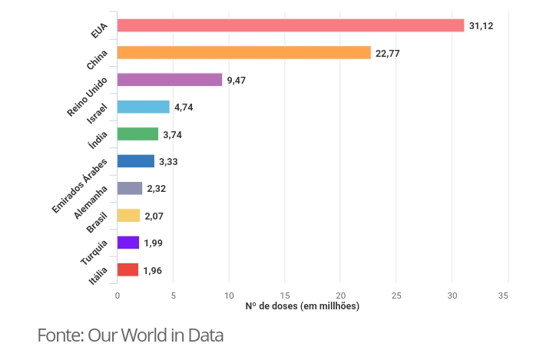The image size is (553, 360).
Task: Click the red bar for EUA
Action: click(290, 25)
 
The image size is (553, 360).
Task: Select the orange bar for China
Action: click(243, 53)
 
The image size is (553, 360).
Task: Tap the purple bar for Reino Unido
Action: click(169, 80)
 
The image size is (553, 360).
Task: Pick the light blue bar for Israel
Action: click(143, 107)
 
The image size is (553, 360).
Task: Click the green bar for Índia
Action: click(137, 134)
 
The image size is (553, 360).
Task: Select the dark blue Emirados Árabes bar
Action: click(135, 161)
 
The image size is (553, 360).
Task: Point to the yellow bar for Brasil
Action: click(128, 216)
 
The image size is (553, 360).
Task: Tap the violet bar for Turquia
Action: click(127, 243)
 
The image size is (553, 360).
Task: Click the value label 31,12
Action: click(481, 26)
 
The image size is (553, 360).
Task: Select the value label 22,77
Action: click(388, 53)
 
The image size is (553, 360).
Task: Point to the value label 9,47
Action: click(236, 80)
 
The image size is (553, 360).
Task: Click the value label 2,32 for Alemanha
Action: click(157, 189)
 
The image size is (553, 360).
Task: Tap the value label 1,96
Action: click(152, 270)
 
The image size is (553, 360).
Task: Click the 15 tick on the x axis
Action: click(285, 296)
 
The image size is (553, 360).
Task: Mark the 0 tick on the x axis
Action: click(118, 296)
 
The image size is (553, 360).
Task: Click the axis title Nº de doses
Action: click(302, 306)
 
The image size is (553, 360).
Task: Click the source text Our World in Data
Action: click(155, 335)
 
